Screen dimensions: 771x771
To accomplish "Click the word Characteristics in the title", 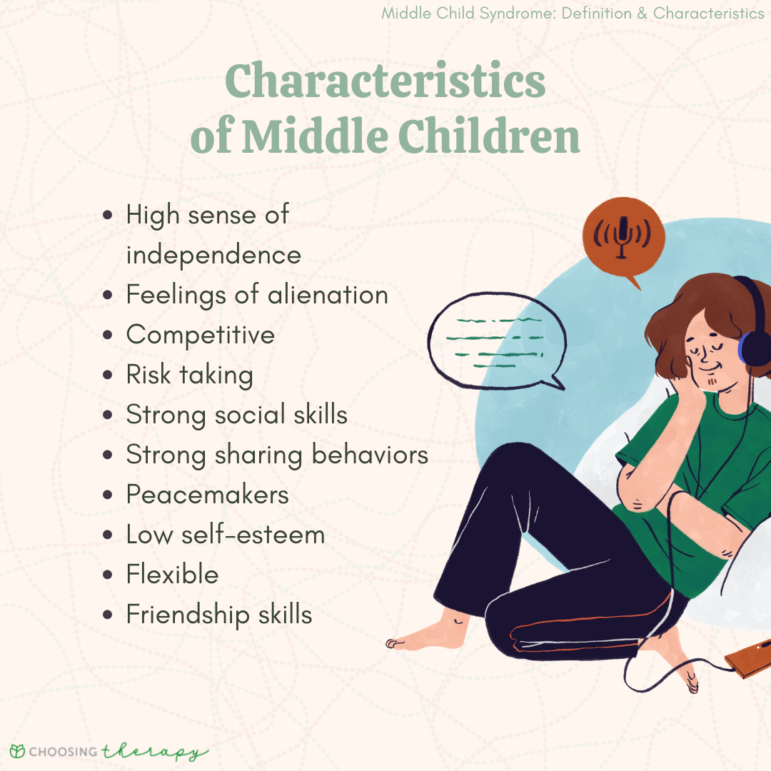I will click(x=385, y=83).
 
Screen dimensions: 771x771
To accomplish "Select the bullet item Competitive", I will click(x=200, y=336).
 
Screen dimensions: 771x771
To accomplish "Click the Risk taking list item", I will click(x=189, y=376).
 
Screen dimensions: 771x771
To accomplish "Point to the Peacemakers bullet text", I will click(x=207, y=495).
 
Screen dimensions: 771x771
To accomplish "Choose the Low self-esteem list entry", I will click(x=225, y=535).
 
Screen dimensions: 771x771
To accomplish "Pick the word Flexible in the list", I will click(x=172, y=575).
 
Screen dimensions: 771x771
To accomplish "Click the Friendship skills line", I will click(x=219, y=615).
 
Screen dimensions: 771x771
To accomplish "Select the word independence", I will click(x=213, y=255).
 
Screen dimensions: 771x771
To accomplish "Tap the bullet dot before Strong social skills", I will click(x=108, y=415).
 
